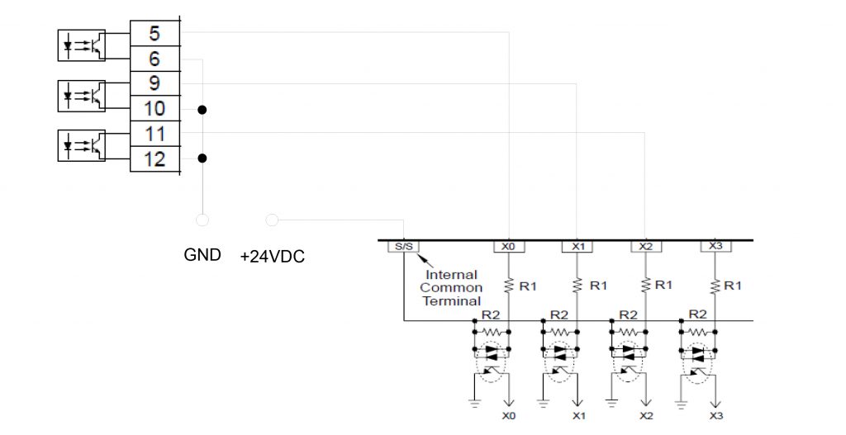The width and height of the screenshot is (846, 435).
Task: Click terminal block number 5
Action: pos(154,33)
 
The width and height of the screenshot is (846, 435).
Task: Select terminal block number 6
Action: pos(154,59)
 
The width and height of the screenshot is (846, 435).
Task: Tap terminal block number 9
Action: pos(154,83)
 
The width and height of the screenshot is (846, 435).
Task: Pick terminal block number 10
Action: pos(154,109)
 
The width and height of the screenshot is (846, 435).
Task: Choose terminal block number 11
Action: pos(154,134)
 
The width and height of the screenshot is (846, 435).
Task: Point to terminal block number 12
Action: pos(154,159)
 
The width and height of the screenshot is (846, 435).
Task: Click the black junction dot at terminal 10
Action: pos(202,110)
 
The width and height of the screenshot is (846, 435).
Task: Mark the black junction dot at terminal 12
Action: pos(202,158)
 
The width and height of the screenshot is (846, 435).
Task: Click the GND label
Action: pos(202,254)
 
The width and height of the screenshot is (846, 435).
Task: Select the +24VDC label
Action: pos(273,257)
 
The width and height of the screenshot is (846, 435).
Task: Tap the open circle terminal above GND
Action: pos(202,220)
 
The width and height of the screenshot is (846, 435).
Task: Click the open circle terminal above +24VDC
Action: pos(273,220)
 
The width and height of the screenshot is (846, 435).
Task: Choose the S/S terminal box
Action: pos(403,247)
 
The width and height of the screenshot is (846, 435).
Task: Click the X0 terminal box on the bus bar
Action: pos(509,247)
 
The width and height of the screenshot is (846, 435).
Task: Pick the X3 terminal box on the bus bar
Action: pos(715,246)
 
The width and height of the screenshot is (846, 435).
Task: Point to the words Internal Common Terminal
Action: pos(452,288)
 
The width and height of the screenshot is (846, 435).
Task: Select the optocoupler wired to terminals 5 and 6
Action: pos(82,45)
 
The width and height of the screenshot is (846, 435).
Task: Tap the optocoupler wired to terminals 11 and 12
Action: pos(82,145)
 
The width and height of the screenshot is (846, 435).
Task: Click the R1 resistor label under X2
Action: pos(663,285)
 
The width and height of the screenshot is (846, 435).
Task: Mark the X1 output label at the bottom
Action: pos(578,415)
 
